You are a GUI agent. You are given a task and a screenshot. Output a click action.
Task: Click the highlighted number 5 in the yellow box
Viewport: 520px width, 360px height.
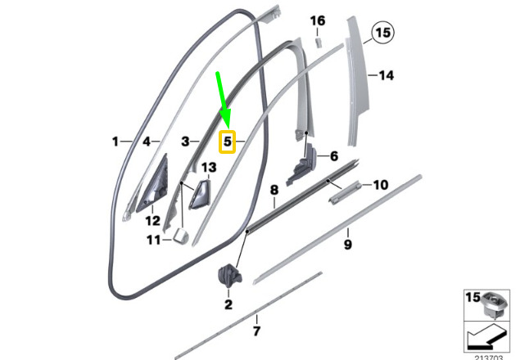click(227, 142)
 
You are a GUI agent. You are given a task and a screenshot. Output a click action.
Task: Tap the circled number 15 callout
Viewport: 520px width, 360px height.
click(383, 33)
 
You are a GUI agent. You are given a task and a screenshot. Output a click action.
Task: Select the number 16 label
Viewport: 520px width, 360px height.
click(318, 21)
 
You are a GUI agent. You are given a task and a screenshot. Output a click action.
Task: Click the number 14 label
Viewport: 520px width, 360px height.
click(387, 75)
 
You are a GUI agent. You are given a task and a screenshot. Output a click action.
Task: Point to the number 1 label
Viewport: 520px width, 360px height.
click(115, 142)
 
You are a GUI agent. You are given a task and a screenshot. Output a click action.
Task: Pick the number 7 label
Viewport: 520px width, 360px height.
click(256, 331)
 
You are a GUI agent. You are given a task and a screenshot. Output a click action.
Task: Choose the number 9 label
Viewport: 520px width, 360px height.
click(347, 245)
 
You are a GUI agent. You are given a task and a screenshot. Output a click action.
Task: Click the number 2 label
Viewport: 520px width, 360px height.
click(228, 304)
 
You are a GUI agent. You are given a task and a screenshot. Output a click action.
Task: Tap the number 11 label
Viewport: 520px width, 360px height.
click(154, 240)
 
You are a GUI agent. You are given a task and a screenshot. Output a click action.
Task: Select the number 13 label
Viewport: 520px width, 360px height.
click(209, 168)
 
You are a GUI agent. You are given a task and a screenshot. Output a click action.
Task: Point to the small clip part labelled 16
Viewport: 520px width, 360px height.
click(318, 43)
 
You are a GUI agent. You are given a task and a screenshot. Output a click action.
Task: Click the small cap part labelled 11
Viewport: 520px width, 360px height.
click(181, 236)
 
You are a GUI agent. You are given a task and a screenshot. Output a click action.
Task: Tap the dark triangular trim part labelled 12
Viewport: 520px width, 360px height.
click(154, 185)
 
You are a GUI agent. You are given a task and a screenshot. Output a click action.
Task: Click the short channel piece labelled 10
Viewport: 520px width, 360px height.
click(344, 192)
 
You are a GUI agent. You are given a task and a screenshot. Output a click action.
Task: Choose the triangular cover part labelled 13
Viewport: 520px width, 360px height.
click(200, 196)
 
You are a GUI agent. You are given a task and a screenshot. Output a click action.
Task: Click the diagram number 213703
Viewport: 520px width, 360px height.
click(489, 358)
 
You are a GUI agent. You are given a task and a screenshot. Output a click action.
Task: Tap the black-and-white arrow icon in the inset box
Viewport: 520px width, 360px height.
click(487, 337)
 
